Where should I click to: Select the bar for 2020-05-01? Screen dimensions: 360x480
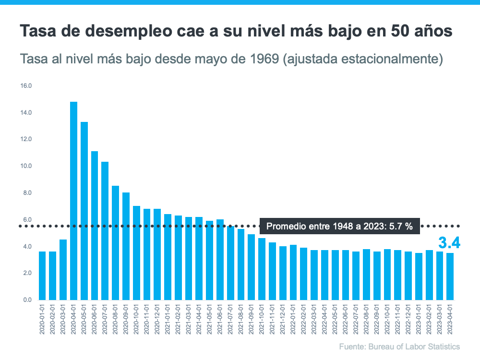pos(84,211)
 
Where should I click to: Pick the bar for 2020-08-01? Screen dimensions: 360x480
pos(115,243)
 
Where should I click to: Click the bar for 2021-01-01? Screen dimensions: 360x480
pos(168,257)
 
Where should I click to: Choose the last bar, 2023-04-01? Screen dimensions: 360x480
pos(450,276)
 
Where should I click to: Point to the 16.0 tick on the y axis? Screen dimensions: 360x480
pos(25,86)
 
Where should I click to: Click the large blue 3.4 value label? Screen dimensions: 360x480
pos(449,243)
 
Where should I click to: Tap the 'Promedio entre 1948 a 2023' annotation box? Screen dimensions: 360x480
pos(339,226)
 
